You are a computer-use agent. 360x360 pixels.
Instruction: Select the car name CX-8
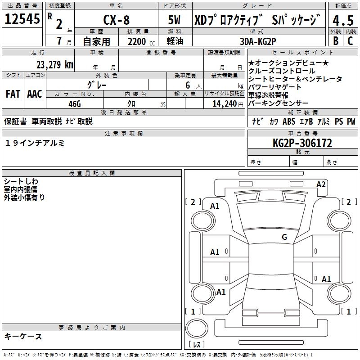click(116, 21)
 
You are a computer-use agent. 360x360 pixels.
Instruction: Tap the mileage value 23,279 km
click(55, 64)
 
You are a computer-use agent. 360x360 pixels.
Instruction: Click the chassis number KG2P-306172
click(302, 144)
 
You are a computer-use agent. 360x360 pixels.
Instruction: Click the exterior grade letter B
click(335, 41)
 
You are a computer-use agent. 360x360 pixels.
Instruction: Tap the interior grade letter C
click(351, 41)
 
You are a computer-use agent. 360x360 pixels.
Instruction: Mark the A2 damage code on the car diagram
click(321, 184)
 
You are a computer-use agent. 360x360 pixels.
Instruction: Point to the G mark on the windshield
click(284, 237)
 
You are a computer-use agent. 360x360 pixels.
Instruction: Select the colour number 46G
click(74, 103)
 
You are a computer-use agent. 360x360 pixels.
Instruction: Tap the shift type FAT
click(13, 94)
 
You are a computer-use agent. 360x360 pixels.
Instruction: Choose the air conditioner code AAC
click(34, 94)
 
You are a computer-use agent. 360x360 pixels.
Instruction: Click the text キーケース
click(23, 337)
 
